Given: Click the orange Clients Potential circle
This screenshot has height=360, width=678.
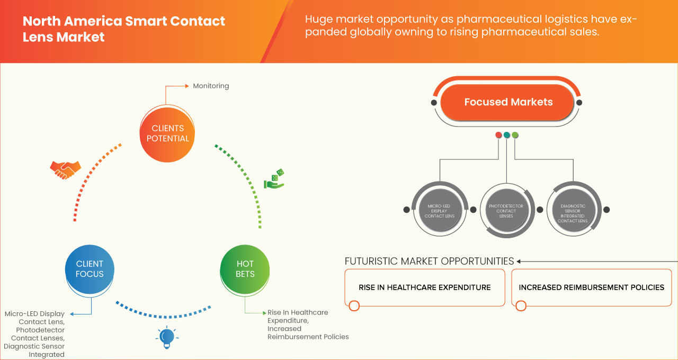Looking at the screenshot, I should click(x=167, y=133).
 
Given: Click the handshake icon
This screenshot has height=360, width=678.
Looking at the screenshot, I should click(x=65, y=169).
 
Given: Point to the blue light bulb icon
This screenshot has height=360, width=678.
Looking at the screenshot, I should click(x=167, y=337).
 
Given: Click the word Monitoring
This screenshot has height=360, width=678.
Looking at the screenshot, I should click(x=211, y=86).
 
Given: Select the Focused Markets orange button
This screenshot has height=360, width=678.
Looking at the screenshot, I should click(x=508, y=102).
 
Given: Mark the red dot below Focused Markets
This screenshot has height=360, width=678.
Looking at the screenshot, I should click(x=498, y=135).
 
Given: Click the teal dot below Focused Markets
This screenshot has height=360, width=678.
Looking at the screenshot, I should click(x=507, y=135).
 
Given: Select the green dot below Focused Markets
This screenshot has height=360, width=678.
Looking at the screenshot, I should click(x=515, y=135).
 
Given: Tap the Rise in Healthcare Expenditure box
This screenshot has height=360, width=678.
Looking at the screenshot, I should click(x=424, y=287).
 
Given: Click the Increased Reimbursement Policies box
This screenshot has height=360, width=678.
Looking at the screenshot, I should click(x=591, y=287).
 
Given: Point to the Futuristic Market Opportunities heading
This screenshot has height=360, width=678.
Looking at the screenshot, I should click(x=429, y=261).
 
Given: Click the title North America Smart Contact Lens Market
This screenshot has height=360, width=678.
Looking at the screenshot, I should click(x=124, y=29).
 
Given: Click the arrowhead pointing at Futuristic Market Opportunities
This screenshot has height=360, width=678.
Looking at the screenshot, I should click(x=519, y=261).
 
